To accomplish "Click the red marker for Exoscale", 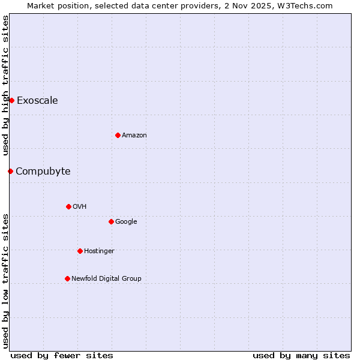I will coord(11,100).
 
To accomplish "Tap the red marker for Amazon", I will coord(118,135).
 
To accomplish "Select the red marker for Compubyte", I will coord(10,171).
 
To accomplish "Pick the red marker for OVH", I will coord(68,206).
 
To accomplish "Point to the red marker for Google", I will coord(111,221).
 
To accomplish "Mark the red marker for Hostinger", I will coord(80,251).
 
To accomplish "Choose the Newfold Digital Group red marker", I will coord(67,278).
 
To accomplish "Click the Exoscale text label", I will coord(37,100).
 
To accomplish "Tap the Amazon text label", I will coord(134,135).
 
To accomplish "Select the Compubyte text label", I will coord(43,171).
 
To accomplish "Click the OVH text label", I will coord(80,206).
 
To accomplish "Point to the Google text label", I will coord(126,221).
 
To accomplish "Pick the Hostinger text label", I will coord(99,251).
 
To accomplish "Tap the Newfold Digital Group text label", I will coord(106,278).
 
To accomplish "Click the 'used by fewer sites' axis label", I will coord(62,355).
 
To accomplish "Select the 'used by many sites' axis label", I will coord(301,355).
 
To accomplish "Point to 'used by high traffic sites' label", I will coord(5,85).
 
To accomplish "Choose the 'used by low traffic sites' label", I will coord(5,281).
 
